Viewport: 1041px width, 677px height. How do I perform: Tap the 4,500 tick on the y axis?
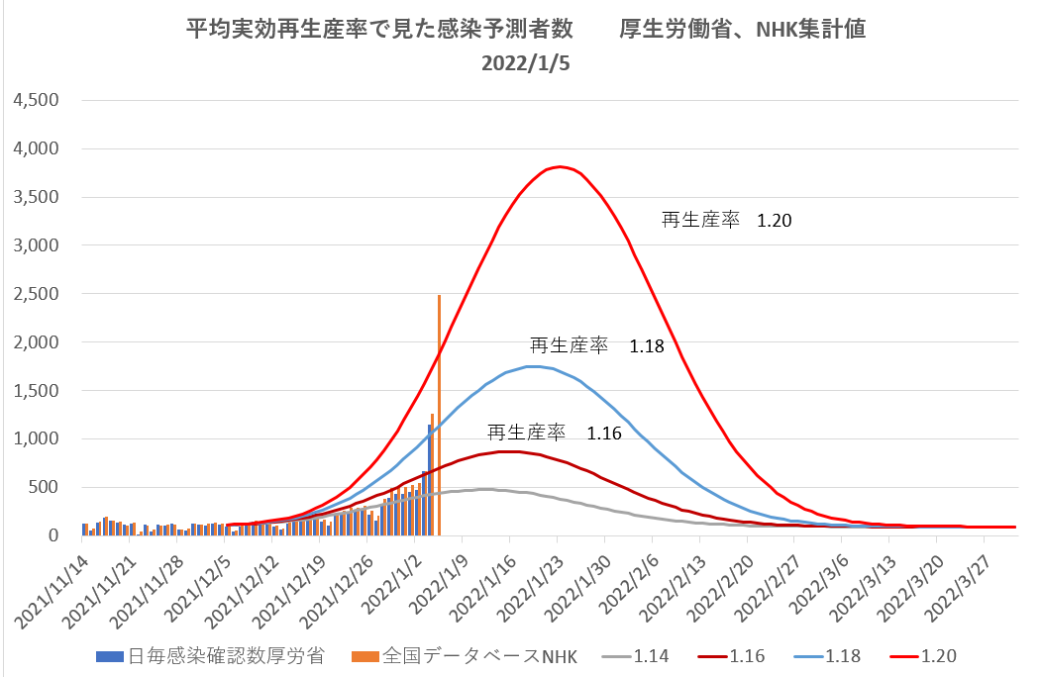pos(35,100)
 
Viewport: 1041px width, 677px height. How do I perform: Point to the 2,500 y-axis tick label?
pos(35,294)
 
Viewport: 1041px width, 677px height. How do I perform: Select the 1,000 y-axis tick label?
pos(35,439)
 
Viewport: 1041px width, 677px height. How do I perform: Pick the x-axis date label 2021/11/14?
pos(64,584)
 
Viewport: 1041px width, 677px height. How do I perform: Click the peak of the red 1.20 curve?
pos(561,166)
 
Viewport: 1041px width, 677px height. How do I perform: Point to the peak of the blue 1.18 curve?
pos(535,366)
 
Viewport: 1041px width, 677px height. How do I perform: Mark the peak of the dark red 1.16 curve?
pos(509,451)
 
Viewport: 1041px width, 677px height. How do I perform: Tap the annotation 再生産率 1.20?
pos(727,221)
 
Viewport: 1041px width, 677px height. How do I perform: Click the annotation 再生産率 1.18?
pos(596,345)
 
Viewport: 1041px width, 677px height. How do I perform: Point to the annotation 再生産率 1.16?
pos(554,433)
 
